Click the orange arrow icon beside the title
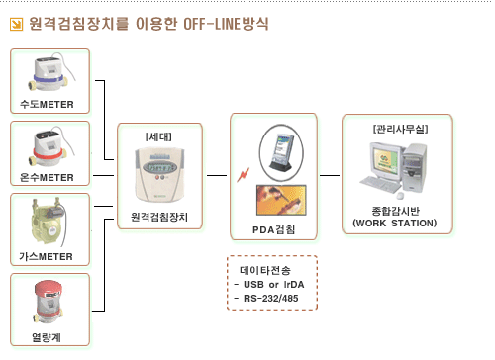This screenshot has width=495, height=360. [16, 24]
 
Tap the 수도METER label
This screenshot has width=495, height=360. [47, 104]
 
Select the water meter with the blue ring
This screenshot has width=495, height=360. [50, 73]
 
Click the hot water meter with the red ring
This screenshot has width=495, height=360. [50, 145]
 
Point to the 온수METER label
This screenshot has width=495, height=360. [47, 177]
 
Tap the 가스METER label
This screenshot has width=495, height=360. [46, 256]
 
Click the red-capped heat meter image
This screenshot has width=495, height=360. [48, 303]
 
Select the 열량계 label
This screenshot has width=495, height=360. [47, 337]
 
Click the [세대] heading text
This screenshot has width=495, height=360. [158, 136]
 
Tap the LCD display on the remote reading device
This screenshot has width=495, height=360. [160, 167]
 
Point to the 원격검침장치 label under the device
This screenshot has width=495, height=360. [159, 217]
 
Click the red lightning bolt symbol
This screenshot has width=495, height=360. [244, 175]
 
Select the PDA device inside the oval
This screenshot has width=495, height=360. [281, 152]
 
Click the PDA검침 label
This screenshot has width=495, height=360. [273, 229]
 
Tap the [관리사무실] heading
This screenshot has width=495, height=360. [400, 129]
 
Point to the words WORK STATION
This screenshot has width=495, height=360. [395, 224]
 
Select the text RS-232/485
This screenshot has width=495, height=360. [271, 298]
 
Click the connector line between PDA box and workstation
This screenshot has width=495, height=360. [330, 175]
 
